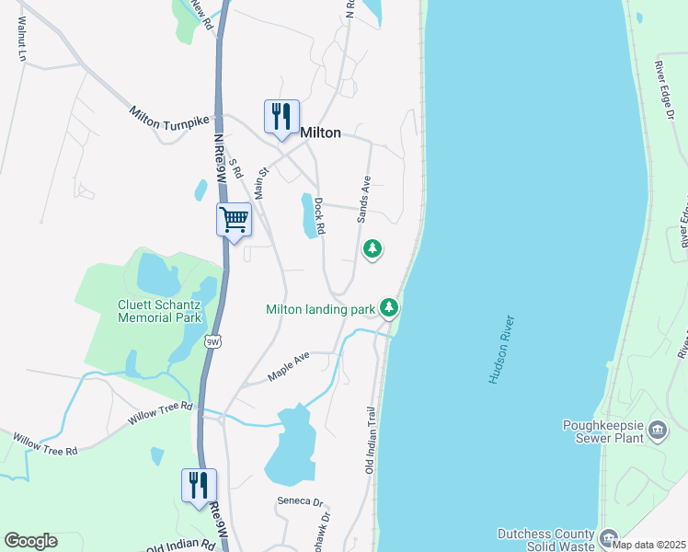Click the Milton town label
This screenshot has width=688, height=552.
click(x=321, y=133)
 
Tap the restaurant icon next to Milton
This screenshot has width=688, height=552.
click(x=281, y=117)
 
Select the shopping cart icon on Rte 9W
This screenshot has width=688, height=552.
click(x=235, y=220)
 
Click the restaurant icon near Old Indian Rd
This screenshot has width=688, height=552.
click(x=200, y=485)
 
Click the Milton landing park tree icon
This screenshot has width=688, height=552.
click(x=390, y=307)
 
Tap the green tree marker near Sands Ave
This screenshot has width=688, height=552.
click(x=373, y=248)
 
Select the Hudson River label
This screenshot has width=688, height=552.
click(x=499, y=351)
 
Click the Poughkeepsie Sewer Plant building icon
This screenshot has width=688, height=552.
click(x=658, y=430)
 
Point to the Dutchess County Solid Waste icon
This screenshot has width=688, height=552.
click(x=608, y=537)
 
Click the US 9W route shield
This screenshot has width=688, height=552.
click(x=214, y=342)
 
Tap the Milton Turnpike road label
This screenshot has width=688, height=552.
click(x=169, y=118)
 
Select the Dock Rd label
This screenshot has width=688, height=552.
click(x=319, y=218)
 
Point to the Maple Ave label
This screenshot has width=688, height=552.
click(x=289, y=367)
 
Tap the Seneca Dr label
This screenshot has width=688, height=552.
click(x=301, y=502)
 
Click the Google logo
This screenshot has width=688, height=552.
click(x=30, y=541)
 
